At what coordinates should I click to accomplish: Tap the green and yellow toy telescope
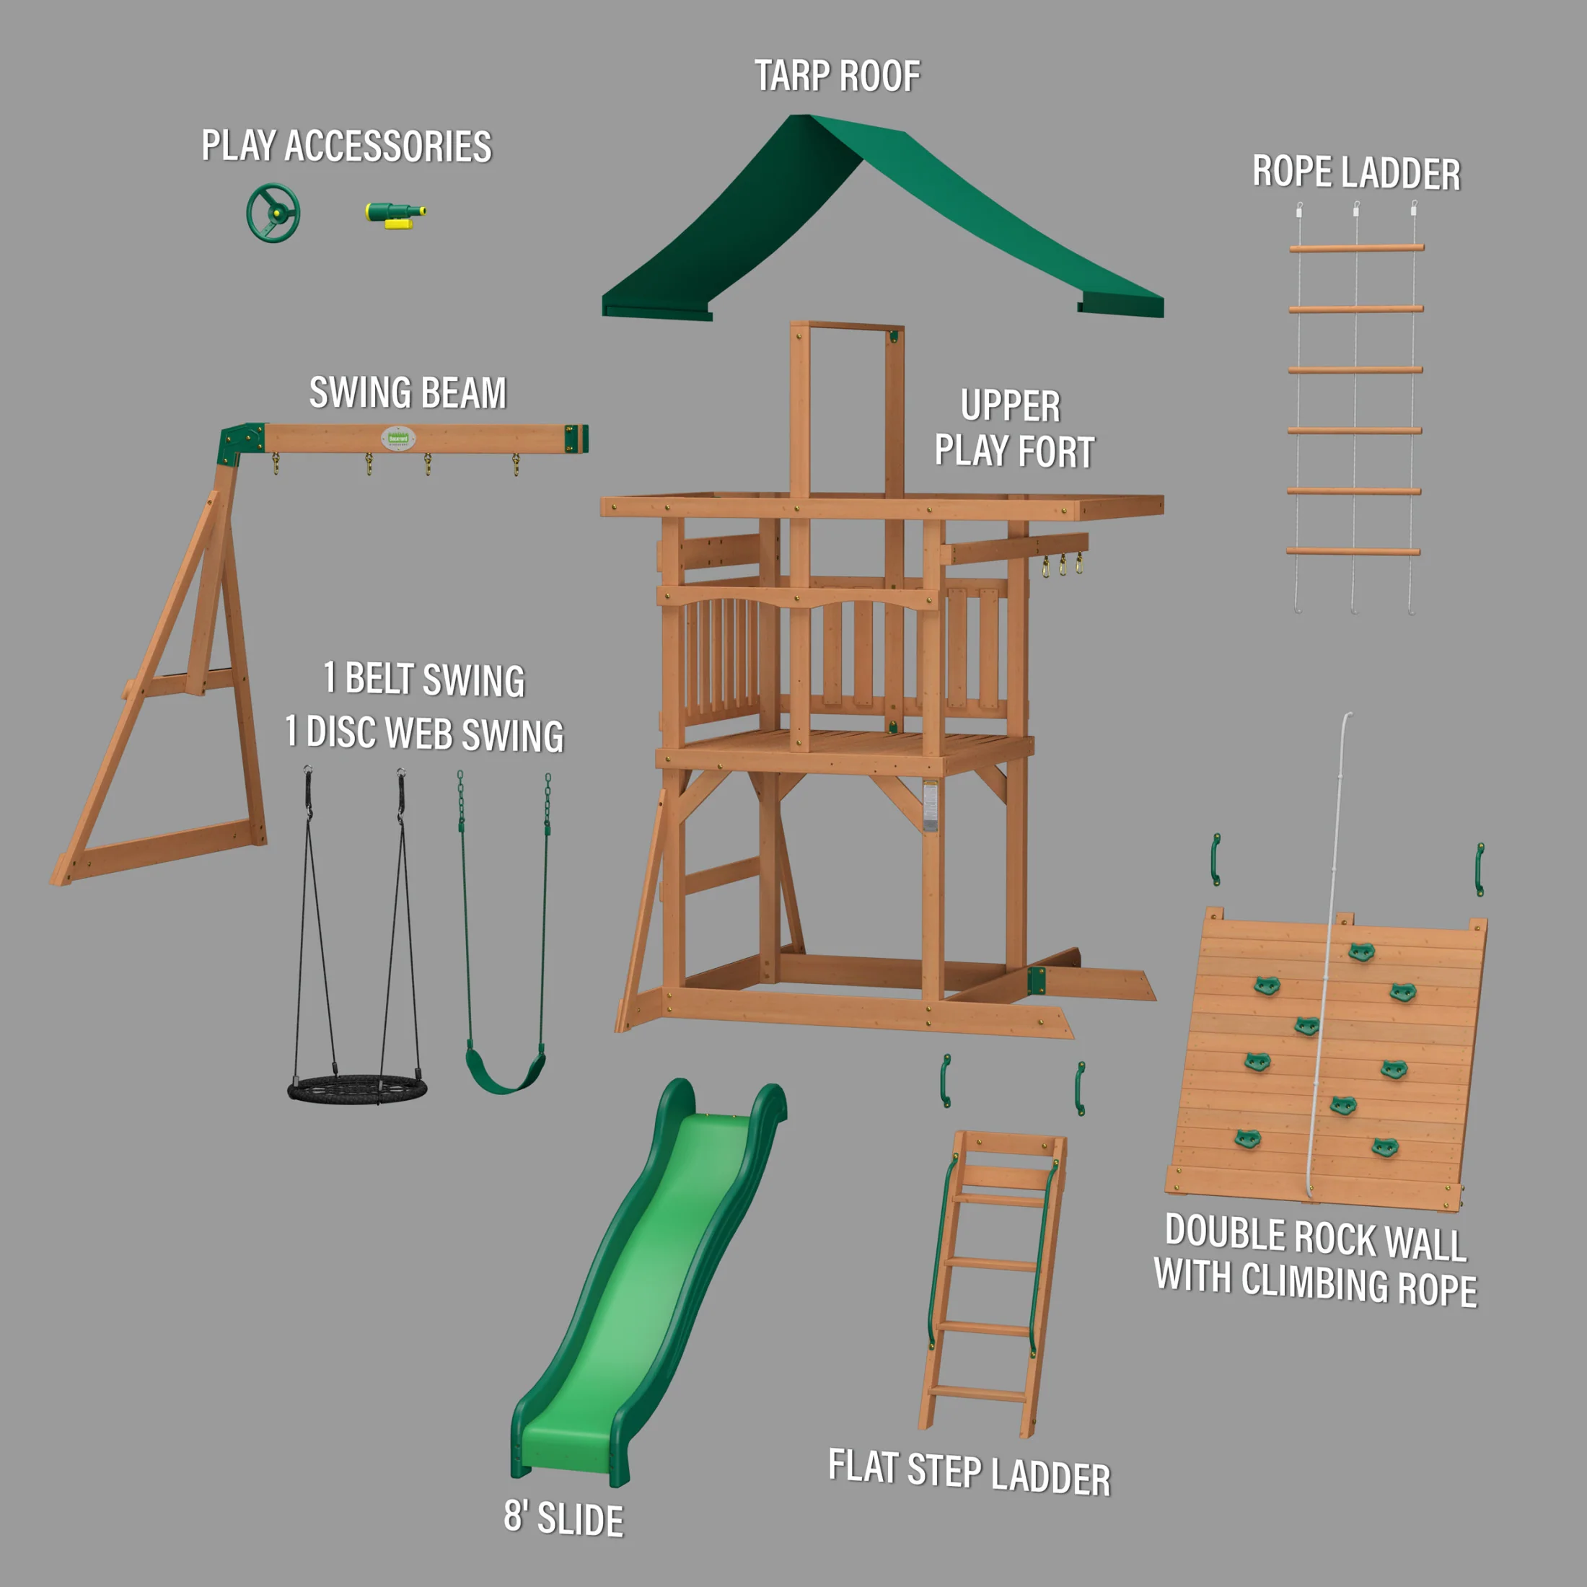pos(395,214)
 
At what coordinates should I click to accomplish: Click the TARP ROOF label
pos(837,76)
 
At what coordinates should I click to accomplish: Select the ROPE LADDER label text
pos(1356,173)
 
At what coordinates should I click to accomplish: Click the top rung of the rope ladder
pos(1356,247)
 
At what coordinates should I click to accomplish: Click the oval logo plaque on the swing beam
pos(397,438)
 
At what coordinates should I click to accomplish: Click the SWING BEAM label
pos(408,392)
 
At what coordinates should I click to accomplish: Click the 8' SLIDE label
pos(563,1518)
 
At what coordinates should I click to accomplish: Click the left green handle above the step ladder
pos(946,1081)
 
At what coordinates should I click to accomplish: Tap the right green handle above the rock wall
pos(1480,869)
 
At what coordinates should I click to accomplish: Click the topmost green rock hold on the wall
pos(1361,952)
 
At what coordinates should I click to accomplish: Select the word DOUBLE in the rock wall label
pos(1225,1232)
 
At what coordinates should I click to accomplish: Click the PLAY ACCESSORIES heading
pos(347,146)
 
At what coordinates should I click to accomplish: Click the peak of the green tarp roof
pos(809,120)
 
